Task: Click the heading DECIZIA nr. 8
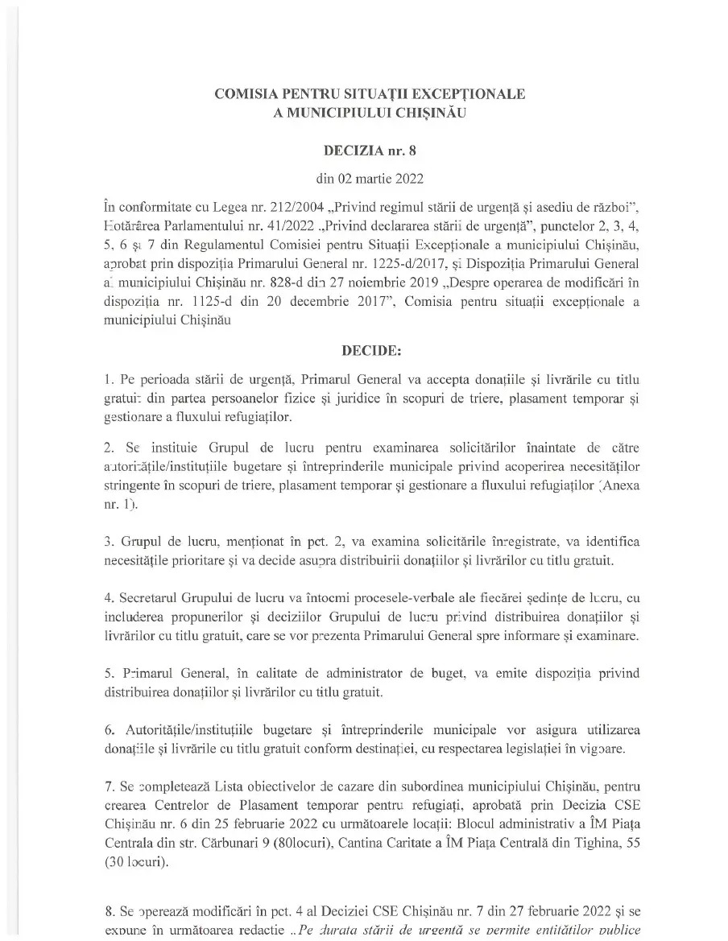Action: point(370,150)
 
